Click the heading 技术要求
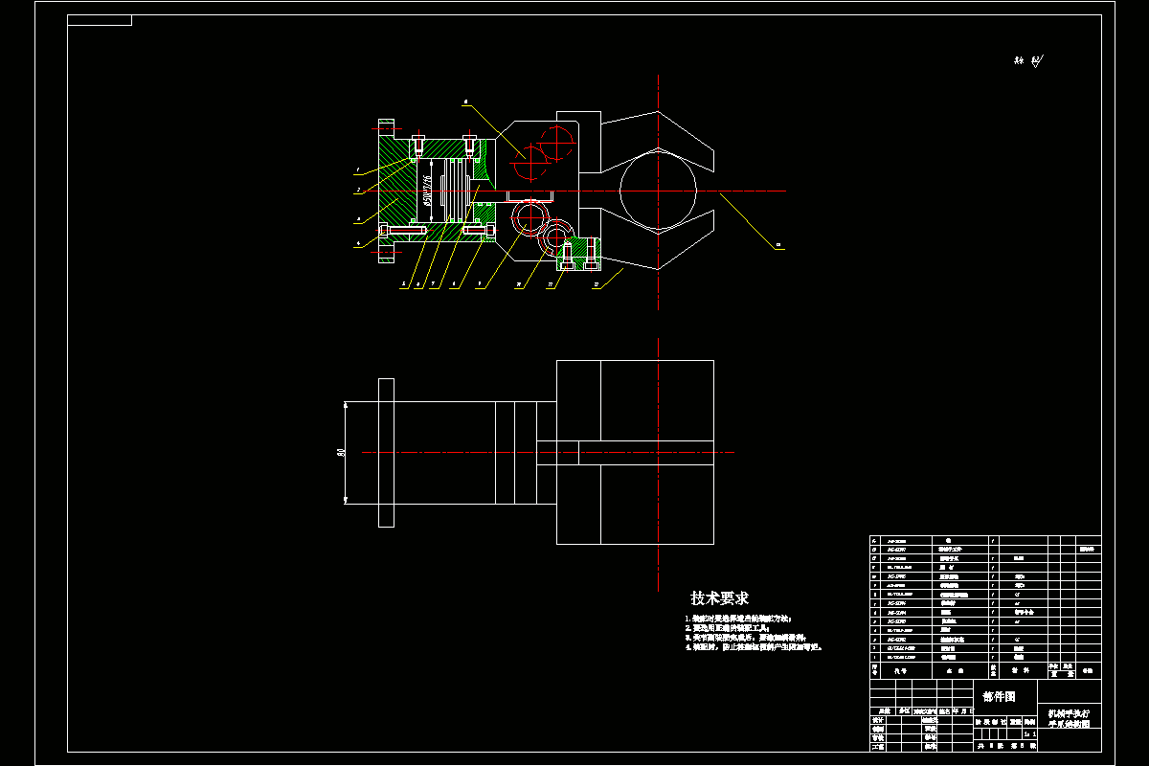click(x=719, y=598)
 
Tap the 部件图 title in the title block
click(x=998, y=696)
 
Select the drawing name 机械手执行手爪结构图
click(x=1069, y=719)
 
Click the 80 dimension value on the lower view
click(x=341, y=452)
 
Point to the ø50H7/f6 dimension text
click(x=427, y=190)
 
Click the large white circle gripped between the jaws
click(x=658, y=190)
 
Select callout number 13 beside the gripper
click(x=778, y=246)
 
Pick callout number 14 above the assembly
click(x=465, y=100)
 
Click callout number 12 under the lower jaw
click(x=596, y=284)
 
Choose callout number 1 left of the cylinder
click(x=356, y=170)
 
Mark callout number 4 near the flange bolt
click(x=357, y=244)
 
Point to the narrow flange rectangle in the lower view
click(x=386, y=452)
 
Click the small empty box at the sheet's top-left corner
click(x=100, y=20)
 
